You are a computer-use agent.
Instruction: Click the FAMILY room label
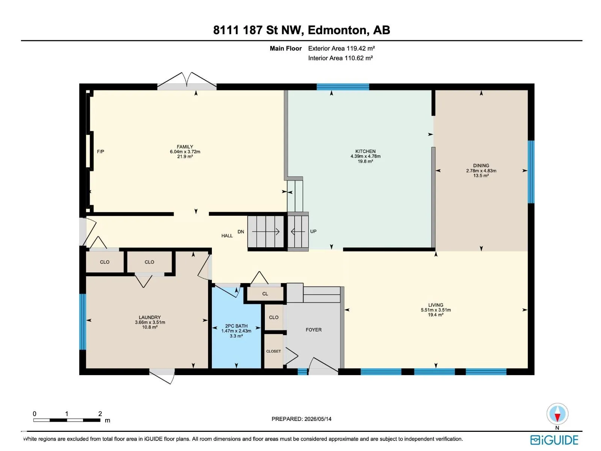coord(184,147)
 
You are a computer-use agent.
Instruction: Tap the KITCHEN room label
coord(365,151)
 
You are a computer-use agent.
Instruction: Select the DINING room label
coord(481,165)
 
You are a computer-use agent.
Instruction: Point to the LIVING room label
coord(435,305)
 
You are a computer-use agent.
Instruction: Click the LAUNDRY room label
coord(149,317)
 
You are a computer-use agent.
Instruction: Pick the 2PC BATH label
coord(236,326)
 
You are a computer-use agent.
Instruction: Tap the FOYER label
coord(313,330)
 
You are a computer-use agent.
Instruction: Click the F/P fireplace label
coord(100,151)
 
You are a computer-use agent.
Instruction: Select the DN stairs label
coord(240,232)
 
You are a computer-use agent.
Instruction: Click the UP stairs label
coord(313,232)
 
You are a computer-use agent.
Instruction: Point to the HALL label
coord(227,236)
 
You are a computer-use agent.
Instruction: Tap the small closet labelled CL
coord(265,294)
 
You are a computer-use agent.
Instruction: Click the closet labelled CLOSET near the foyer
coord(273,351)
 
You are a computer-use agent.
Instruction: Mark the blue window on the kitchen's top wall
coord(343,87)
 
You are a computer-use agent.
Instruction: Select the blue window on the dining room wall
coord(531,172)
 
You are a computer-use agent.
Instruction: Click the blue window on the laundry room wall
coord(82,321)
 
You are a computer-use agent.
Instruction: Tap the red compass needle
coord(557,417)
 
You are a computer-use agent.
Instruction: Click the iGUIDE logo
coord(554,440)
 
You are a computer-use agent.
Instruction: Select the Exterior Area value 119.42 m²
coord(360,48)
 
